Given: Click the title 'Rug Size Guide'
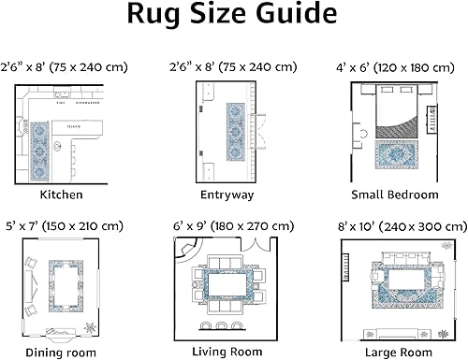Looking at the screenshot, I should (x=233, y=16).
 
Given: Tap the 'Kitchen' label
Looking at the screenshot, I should (x=61, y=195).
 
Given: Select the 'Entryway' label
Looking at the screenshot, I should (x=227, y=195).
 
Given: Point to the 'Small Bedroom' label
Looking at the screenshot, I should (x=394, y=195).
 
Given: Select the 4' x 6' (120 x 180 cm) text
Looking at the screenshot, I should (x=394, y=67).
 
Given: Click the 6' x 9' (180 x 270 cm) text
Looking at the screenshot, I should (x=227, y=225).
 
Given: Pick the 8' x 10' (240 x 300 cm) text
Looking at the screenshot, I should (x=394, y=225).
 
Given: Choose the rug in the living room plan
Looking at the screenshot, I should (x=227, y=282).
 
